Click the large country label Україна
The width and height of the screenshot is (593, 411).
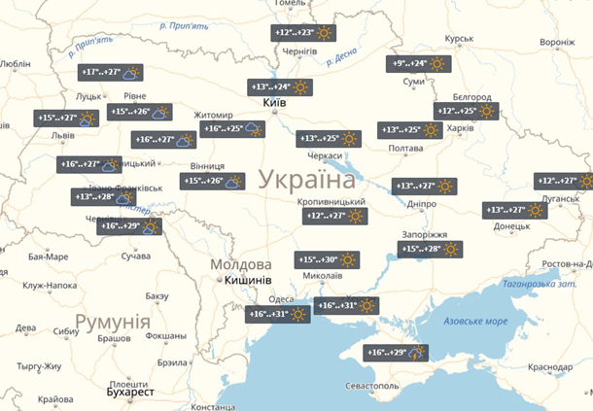(307, 180)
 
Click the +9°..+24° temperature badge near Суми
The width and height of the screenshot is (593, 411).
(421, 64)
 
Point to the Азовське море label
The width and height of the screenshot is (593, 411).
(474, 321)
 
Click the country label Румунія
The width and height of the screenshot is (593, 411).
(112, 322)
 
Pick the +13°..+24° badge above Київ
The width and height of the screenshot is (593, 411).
(280, 86)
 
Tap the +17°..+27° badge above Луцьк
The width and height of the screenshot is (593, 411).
(111, 73)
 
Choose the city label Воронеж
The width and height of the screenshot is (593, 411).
(557, 43)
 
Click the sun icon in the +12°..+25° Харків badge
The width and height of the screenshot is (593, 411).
(486, 111)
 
